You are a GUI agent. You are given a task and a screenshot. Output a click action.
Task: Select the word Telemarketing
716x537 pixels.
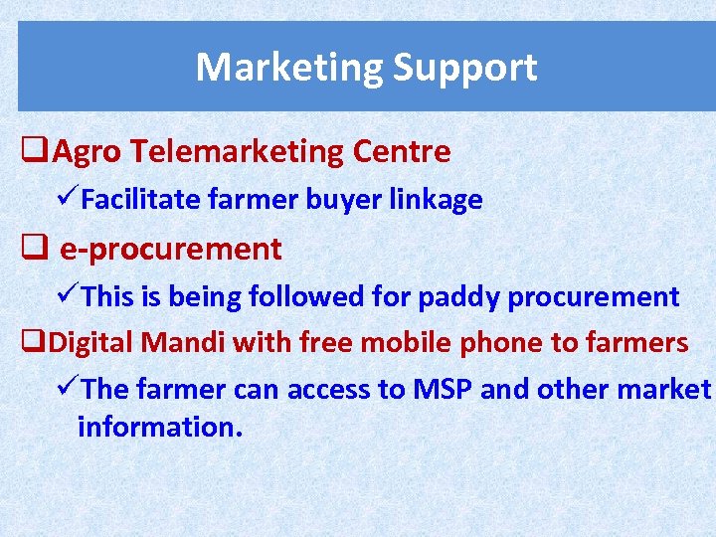(x=238, y=152)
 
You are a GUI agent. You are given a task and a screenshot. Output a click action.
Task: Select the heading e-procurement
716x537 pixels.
(x=171, y=249)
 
